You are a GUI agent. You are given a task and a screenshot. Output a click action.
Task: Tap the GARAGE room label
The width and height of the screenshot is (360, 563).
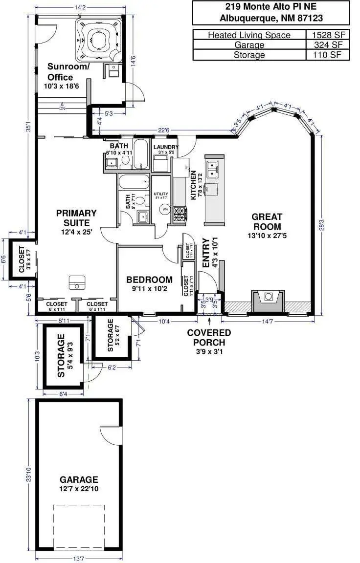point(79,479)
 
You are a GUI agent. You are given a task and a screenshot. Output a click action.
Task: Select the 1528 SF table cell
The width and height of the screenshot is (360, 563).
point(328,35)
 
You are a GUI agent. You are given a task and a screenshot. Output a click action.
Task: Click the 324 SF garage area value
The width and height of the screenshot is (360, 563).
point(328,45)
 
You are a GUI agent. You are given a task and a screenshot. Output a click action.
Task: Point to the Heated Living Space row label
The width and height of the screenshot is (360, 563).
point(249,35)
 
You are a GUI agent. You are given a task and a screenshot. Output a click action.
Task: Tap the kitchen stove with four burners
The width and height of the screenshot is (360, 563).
point(180,214)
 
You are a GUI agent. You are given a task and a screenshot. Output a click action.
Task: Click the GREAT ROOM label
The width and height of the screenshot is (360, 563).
point(267,221)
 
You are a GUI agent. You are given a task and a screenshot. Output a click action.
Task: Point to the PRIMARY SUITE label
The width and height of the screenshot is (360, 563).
point(76,217)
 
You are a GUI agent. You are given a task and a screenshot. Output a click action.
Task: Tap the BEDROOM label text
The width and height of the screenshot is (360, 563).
point(149,280)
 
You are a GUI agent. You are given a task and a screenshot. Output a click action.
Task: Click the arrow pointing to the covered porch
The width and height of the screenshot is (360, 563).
point(210,321)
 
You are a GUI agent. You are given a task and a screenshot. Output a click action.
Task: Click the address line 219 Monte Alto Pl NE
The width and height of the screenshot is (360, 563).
point(270,7)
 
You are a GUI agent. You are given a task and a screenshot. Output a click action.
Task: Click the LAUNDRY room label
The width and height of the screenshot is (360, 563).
point(166,147)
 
